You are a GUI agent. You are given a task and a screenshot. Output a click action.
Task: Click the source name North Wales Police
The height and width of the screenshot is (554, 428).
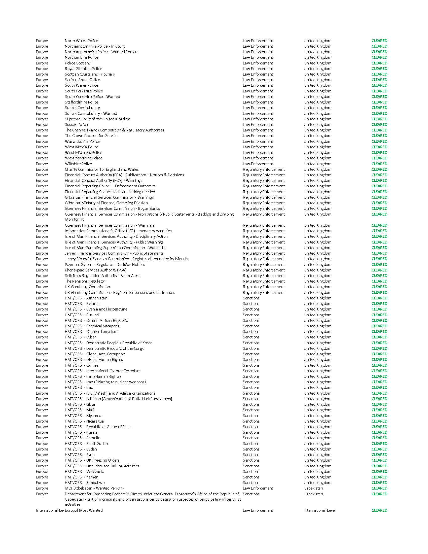point(81,41)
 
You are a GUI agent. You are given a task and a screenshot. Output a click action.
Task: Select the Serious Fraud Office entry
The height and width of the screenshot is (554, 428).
point(82,80)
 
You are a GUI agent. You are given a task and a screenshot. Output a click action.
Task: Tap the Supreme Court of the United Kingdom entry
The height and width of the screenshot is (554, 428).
point(97,119)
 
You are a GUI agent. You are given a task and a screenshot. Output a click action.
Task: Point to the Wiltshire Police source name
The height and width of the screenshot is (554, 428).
point(78,164)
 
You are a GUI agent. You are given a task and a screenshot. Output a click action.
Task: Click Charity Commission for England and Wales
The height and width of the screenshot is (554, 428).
point(102,169)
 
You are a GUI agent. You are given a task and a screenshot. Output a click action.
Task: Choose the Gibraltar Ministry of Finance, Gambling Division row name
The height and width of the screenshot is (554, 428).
point(106,203)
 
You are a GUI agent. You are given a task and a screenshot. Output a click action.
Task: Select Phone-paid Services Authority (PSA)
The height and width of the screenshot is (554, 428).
point(95,270)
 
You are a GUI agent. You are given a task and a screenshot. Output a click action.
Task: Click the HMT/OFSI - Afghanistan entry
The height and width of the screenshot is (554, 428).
point(86,298)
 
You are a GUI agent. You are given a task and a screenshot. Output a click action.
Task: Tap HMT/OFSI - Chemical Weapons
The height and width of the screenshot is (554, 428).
point(92,326)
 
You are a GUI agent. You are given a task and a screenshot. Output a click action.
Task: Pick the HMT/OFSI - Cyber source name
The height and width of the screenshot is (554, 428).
point(80,337)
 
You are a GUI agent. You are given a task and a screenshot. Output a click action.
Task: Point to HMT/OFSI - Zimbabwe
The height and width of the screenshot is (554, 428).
point(84,483)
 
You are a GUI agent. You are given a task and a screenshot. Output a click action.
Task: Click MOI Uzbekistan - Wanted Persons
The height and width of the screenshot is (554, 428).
point(94,488)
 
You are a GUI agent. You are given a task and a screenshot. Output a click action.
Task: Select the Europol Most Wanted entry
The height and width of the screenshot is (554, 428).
point(84,510)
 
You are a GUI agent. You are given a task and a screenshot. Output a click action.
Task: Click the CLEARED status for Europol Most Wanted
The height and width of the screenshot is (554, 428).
point(379,510)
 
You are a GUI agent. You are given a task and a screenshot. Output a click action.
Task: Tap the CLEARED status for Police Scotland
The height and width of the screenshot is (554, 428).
point(379,63)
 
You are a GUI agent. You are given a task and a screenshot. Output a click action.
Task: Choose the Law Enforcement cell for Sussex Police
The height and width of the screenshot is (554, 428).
point(258,125)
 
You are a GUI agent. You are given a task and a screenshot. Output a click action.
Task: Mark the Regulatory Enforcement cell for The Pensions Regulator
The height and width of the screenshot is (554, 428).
point(264,281)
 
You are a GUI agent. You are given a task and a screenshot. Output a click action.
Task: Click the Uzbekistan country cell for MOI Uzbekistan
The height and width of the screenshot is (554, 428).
point(313,488)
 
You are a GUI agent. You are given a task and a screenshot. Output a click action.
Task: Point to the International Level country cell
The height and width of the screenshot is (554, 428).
point(319,510)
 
